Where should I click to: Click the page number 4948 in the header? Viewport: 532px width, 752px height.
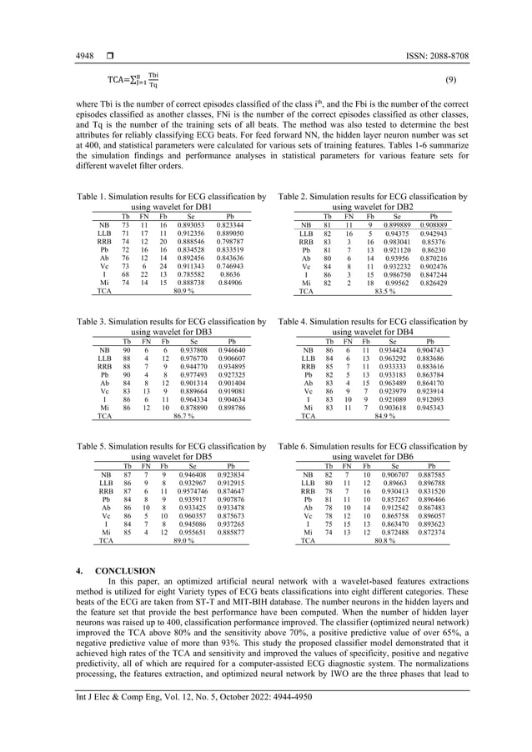tap(83, 56)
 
